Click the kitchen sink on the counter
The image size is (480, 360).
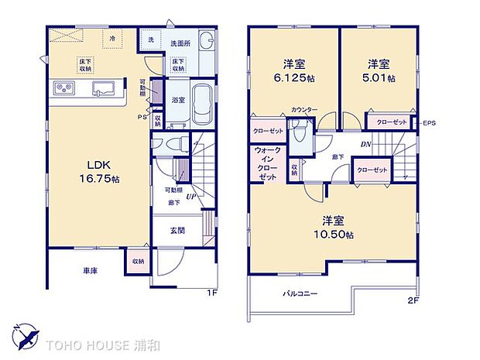pos(103,87)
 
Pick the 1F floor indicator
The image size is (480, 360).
pos(211,293)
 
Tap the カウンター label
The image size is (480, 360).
pos(304,111)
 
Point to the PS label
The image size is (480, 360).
pos(142,117)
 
